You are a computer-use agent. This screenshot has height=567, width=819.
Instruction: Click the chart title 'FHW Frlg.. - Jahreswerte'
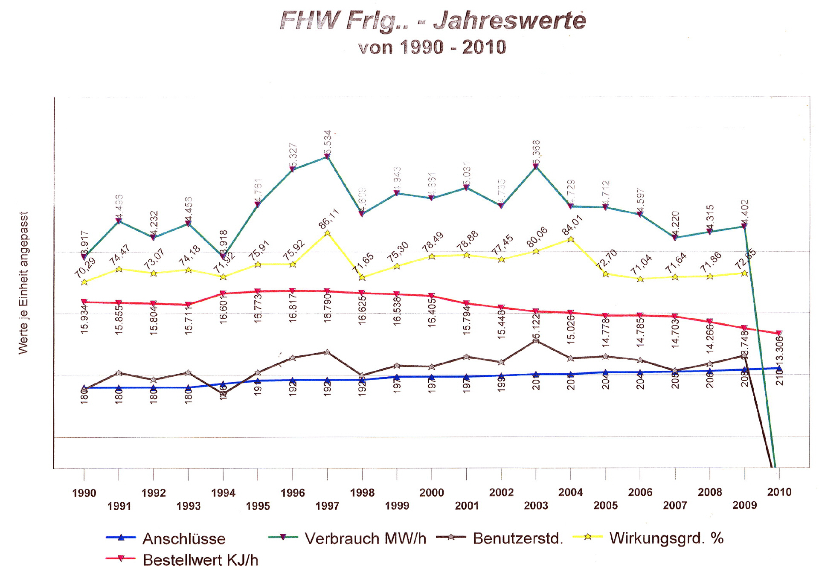coord(433,20)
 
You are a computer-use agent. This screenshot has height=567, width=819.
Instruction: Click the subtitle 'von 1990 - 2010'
coord(432,47)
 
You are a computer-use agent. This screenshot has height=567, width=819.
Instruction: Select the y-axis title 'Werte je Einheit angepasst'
coord(23,283)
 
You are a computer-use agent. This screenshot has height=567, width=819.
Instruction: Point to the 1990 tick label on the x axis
coord(84,493)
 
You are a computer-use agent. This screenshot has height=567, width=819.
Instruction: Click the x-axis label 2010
coord(779,492)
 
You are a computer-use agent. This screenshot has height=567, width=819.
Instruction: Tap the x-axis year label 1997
coord(327,506)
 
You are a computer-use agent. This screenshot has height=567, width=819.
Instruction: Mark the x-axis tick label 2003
coord(536,506)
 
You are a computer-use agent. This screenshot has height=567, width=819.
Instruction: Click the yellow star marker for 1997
coord(327,233)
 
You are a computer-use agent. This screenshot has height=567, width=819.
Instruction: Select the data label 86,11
coord(329,218)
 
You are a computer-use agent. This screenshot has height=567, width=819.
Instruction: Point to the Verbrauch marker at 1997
coord(327,157)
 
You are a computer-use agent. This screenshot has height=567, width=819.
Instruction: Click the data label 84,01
coord(572,225)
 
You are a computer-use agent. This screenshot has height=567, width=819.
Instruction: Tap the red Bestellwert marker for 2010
coord(779,333)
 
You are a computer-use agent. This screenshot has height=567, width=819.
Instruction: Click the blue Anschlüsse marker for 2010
coord(779,368)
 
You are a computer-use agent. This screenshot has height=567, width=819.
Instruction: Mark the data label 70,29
coord(85,268)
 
